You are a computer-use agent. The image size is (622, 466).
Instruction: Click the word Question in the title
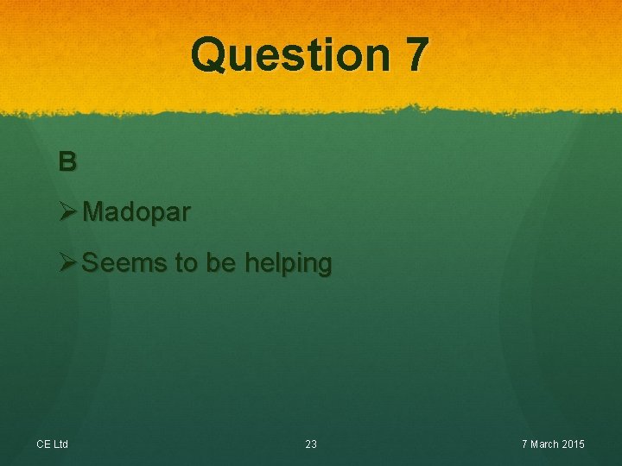click(x=289, y=54)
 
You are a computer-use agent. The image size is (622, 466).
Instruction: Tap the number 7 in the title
click(x=415, y=54)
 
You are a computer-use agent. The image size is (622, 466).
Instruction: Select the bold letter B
click(x=67, y=161)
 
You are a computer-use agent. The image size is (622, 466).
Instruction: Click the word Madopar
click(x=137, y=212)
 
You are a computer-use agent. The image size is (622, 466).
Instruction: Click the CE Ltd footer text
click(x=53, y=444)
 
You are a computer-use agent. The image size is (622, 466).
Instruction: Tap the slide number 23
click(x=311, y=444)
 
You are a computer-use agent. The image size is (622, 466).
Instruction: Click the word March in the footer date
click(x=544, y=444)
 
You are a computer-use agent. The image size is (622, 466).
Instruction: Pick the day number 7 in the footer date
click(x=524, y=444)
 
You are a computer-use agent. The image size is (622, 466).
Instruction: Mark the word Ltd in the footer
click(x=60, y=444)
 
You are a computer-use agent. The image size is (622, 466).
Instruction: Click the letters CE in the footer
click(x=43, y=444)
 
